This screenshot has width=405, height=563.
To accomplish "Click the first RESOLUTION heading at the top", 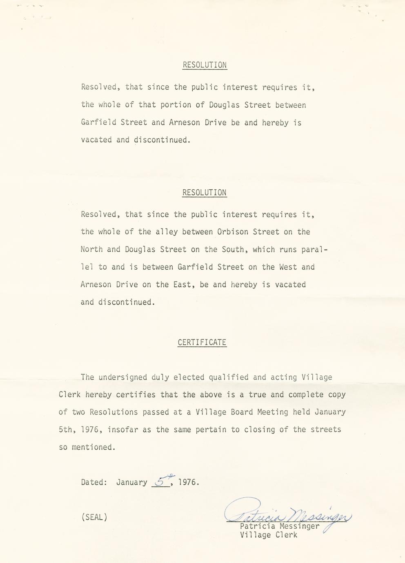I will (x=205, y=65).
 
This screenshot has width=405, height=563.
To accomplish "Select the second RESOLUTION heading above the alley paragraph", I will (x=205, y=193).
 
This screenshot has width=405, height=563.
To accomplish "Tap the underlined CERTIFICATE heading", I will (x=202, y=343).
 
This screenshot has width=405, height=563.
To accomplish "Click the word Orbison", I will (x=233, y=232).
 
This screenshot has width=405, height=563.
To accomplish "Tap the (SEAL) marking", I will (x=94, y=517).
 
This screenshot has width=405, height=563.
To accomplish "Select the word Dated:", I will (x=94, y=482).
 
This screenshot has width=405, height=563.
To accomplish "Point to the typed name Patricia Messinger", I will (x=280, y=526).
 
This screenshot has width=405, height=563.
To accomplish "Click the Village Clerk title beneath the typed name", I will (x=269, y=535).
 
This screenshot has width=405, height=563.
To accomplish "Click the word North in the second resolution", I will (x=91, y=250).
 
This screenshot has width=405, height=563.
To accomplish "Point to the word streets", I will (x=325, y=430).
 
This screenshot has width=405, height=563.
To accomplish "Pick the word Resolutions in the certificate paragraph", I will (x=114, y=412).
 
